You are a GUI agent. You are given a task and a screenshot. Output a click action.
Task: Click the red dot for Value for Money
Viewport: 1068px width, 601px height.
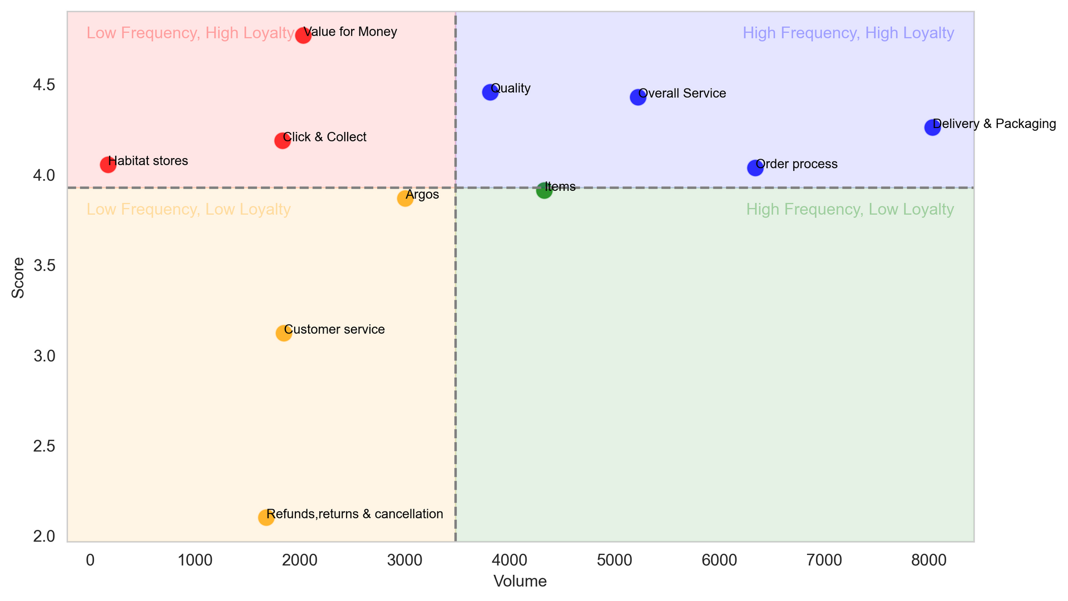[x=303, y=36]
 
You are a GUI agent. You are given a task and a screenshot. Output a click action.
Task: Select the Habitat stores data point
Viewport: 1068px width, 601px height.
[x=108, y=165]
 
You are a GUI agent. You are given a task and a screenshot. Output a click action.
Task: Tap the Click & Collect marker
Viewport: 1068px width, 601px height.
[x=283, y=141]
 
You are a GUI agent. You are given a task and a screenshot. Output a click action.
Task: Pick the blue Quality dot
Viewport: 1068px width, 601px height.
[x=490, y=92]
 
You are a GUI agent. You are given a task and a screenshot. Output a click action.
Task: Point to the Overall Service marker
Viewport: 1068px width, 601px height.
[x=638, y=97]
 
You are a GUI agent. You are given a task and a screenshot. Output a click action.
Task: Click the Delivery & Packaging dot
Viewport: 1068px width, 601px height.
[x=932, y=127]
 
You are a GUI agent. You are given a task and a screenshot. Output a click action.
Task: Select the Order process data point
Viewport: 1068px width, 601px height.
[x=755, y=168]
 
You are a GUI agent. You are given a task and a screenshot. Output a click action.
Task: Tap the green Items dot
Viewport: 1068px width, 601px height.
[x=544, y=191]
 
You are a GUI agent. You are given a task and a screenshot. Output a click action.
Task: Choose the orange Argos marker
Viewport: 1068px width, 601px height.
[x=405, y=199]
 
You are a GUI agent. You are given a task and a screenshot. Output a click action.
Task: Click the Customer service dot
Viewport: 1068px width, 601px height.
[x=284, y=333]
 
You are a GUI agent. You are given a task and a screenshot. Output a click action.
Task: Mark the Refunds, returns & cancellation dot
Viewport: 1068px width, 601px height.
[x=266, y=518]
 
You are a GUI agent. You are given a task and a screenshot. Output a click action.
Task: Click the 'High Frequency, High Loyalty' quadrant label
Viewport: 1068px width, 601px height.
[x=848, y=33]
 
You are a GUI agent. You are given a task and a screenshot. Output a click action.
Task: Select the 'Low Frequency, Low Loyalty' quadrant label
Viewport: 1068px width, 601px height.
[x=189, y=210]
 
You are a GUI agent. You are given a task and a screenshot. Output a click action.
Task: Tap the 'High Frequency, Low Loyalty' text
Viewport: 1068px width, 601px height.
[x=850, y=210]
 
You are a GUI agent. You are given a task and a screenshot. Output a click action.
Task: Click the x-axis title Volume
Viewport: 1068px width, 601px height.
[x=520, y=582]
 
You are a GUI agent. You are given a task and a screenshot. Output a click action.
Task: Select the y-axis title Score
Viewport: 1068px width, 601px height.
[x=18, y=278]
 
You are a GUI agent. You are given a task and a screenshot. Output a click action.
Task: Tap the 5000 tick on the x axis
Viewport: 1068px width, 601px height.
[x=615, y=560]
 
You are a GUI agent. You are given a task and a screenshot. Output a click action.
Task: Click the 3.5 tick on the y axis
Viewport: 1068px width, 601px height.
[x=44, y=265]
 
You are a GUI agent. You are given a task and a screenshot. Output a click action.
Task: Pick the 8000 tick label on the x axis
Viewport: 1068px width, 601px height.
[x=929, y=560]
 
